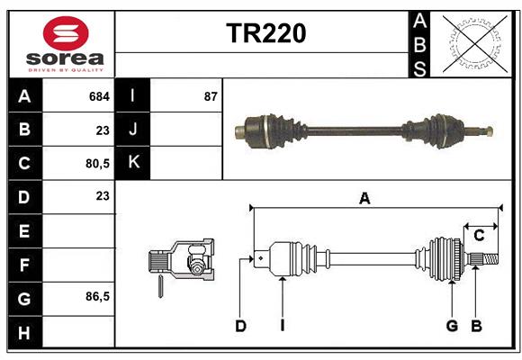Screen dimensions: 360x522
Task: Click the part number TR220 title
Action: tap(265, 33)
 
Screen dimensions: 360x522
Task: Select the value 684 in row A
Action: tap(99, 95)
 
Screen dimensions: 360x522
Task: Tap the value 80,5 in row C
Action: tap(97, 164)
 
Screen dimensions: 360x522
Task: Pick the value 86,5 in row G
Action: tap(97, 296)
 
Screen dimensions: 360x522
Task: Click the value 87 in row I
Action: tap(211, 95)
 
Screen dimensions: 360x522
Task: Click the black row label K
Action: tap(133, 163)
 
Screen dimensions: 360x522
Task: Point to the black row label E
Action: tap(23, 231)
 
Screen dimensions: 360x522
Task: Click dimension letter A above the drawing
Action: tap(364, 199)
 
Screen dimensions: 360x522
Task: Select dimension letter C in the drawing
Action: tap(479, 235)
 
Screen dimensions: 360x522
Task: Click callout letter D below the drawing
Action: tap(240, 326)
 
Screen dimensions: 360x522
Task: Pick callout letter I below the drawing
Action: tap(282, 326)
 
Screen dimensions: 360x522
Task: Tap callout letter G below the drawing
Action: tap(452, 326)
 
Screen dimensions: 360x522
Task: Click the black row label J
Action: tap(133, 130)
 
